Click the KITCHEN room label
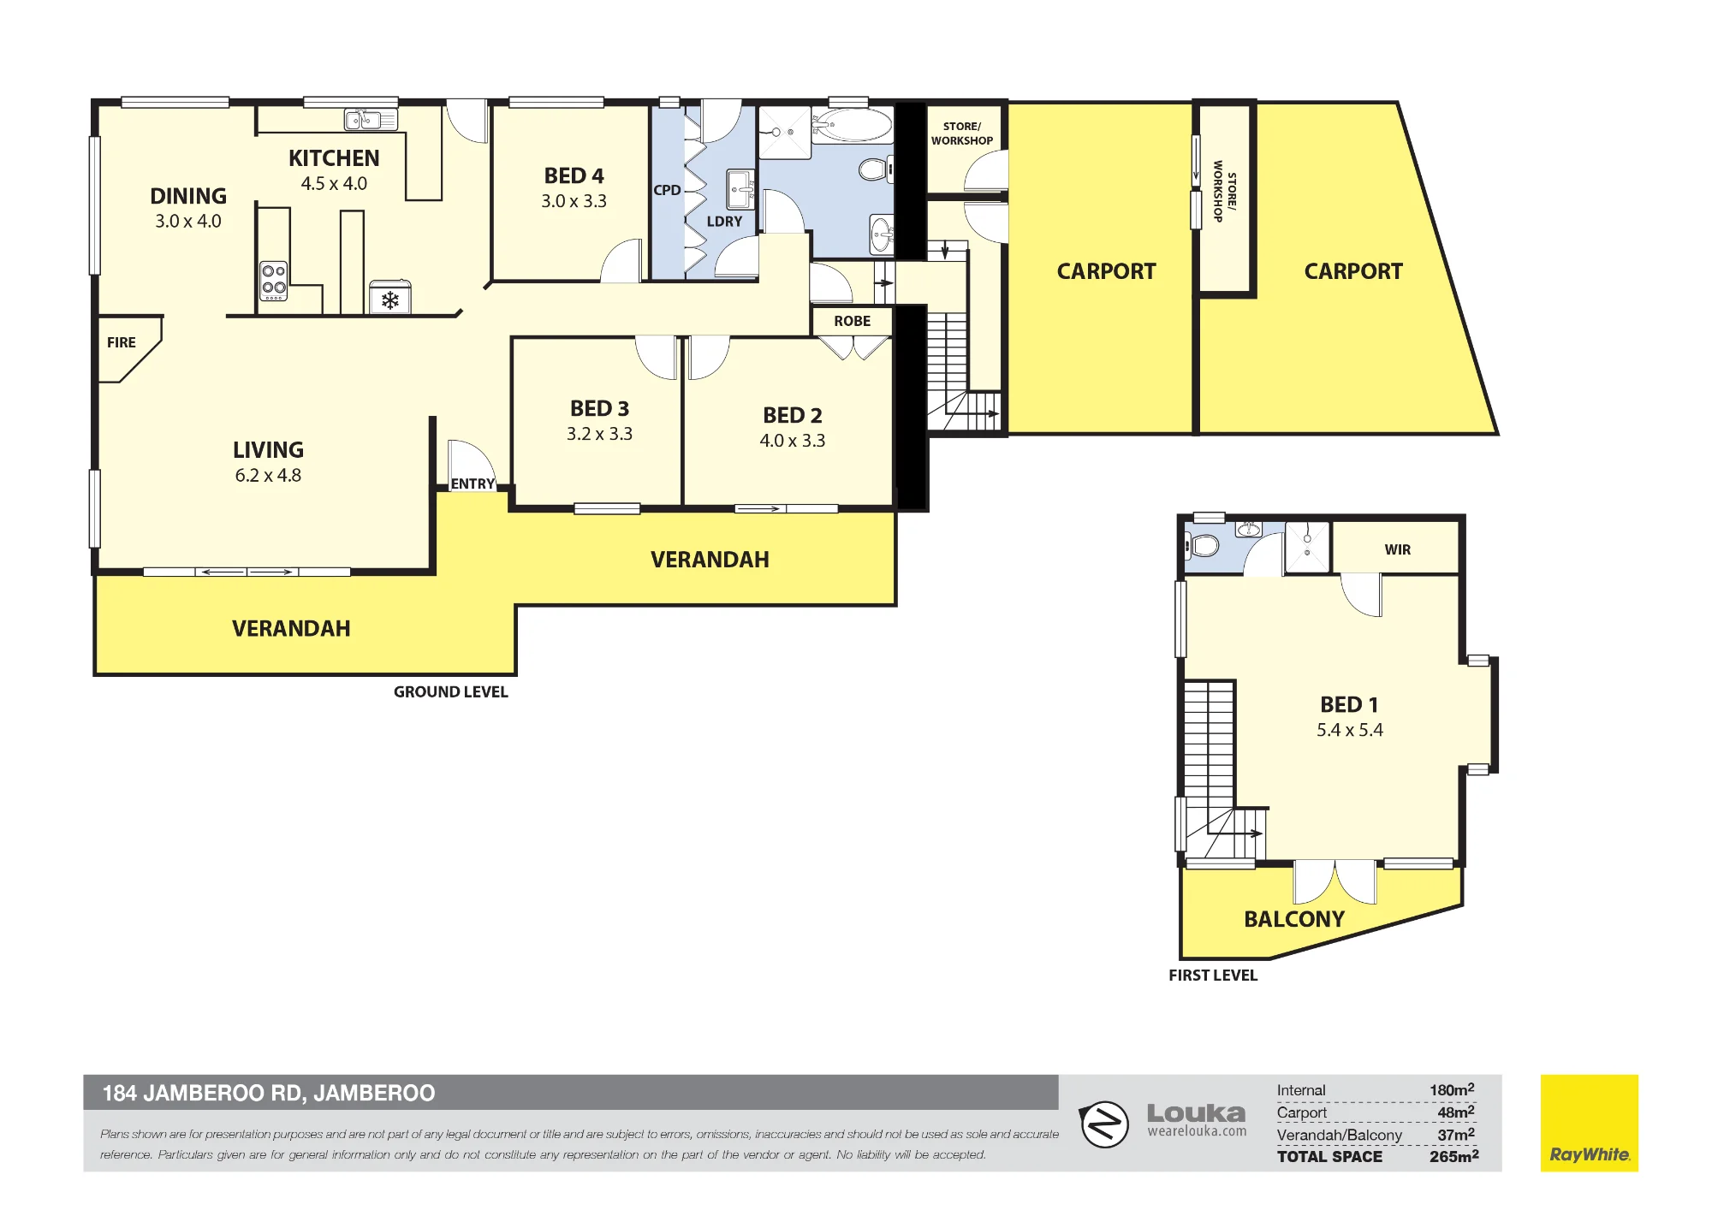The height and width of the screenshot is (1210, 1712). click(x=334, y=158)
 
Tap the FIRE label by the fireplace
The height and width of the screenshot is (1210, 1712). click(x=122, y=342)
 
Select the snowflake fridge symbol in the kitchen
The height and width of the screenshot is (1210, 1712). click(x=390, y=300)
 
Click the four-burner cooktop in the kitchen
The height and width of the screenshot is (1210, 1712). click(x=274, y=280)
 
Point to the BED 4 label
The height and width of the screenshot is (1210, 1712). click(x=574, y=176)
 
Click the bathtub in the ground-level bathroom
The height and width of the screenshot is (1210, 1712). click(x=853, y=126)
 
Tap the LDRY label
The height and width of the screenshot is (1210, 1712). click(x=724, y=222)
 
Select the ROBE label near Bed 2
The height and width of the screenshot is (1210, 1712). click(x=852, y=321)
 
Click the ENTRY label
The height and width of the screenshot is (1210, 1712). click(x=473, y=483)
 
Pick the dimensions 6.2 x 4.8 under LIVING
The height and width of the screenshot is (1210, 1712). click(x=268, y=476)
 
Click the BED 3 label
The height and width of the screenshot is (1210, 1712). click(x=599, y=409)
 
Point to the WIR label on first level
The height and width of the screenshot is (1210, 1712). click(x=1397, y=549)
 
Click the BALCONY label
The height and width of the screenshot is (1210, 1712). click(x=1294, y=919)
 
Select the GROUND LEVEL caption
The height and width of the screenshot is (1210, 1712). click(x=450, y=691)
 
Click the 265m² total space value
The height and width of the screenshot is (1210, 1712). click(x=1453, y=1156)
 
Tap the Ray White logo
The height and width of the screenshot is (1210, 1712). click(x=1590, y=1123)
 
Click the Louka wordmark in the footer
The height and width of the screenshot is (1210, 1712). click(x=1196, y=1112)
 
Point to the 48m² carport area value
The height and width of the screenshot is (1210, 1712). click(x=1456, y=1112)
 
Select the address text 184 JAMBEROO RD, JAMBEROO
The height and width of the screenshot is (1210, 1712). click(x=269, y=1094)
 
